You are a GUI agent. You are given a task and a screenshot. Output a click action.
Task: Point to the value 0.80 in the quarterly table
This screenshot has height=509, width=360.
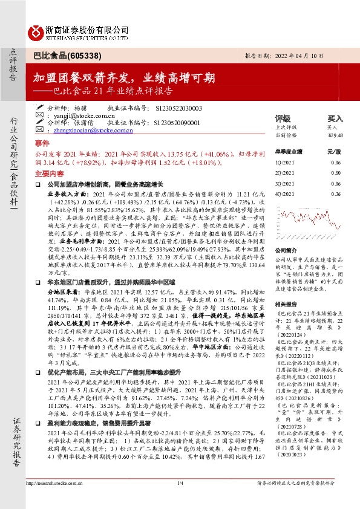pos(336,173)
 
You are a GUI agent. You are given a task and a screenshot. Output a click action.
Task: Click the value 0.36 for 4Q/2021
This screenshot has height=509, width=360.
pos(336,193)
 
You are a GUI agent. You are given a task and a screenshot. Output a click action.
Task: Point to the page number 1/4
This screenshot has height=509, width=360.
pos(180,499)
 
